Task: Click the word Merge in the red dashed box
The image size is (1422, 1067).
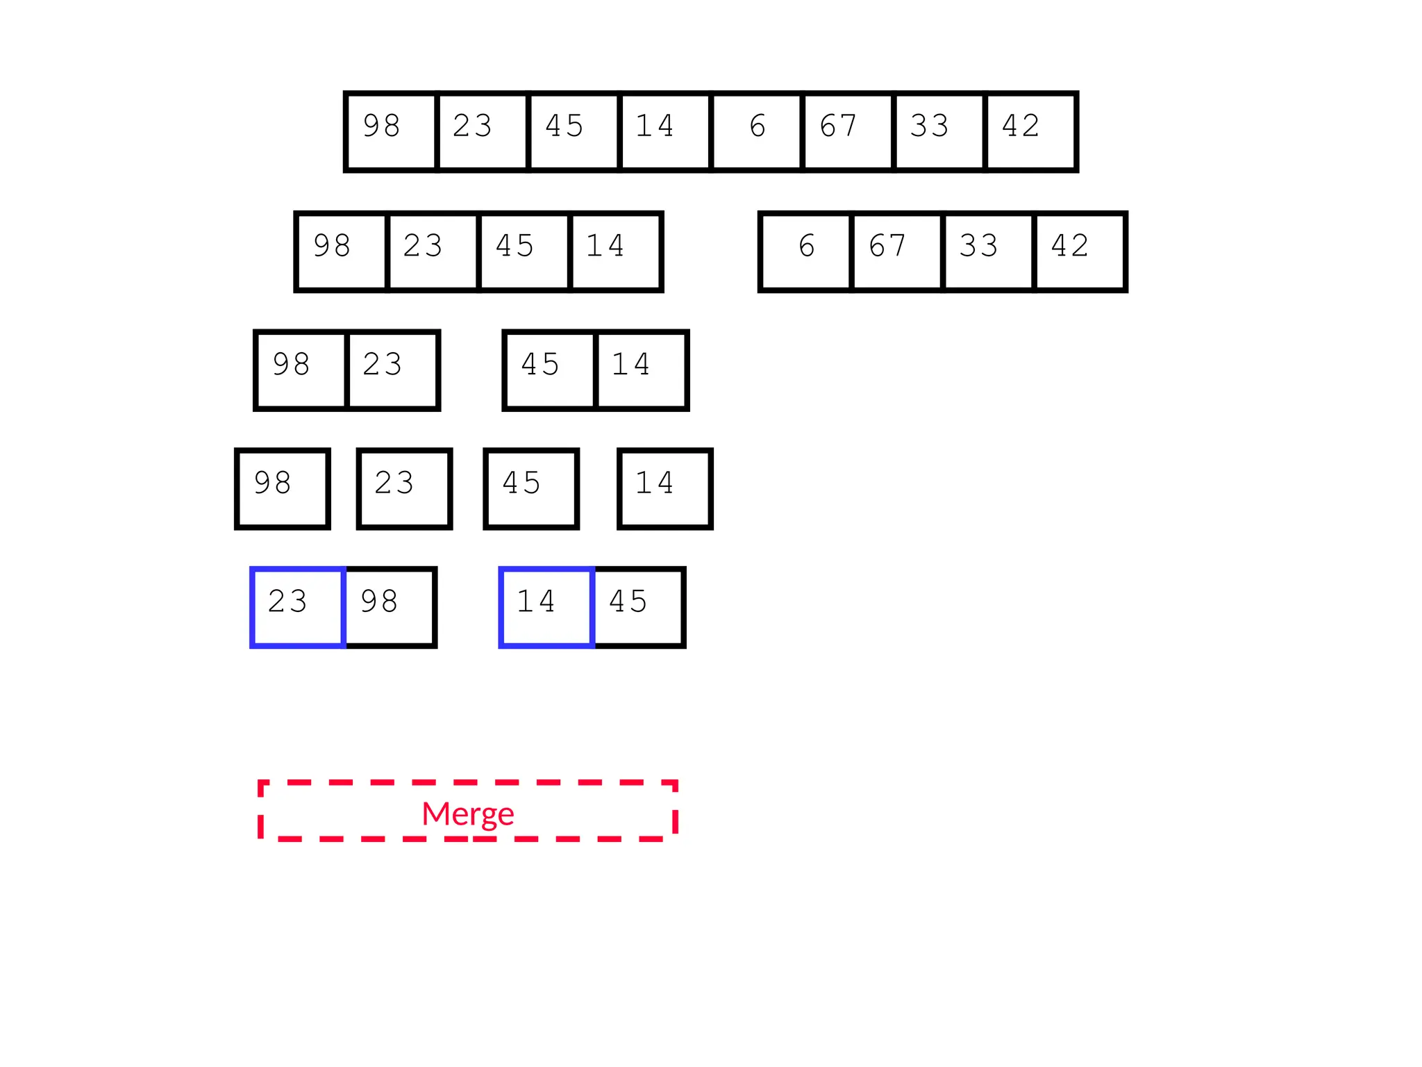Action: coord(467,813)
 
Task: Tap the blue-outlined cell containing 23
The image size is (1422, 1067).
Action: coord(298,607)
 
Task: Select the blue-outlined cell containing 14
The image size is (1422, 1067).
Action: coord(546,607)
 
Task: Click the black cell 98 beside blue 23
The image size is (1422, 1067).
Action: coord(390,607)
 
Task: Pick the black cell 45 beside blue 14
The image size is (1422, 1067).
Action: coord(639,607)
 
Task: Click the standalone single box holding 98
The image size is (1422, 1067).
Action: coord(283,489)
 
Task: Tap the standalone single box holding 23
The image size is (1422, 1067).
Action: coord(405,489)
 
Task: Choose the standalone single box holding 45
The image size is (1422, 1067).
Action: coord(531,489)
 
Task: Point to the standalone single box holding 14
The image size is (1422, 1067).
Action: coord(665,489)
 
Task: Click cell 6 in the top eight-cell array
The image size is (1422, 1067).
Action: coord(757,131)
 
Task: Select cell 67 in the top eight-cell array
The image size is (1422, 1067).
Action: coord(848,131)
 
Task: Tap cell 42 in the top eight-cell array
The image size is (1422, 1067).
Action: coord(1031,131)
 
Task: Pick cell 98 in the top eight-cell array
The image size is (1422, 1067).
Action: coord(391,131)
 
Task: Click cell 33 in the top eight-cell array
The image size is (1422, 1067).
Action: coord(939,131)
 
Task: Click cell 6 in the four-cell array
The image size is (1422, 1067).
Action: coord(806,251)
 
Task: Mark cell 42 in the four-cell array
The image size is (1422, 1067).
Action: coord(1080,251)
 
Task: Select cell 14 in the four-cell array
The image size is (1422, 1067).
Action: coord(615,251)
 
